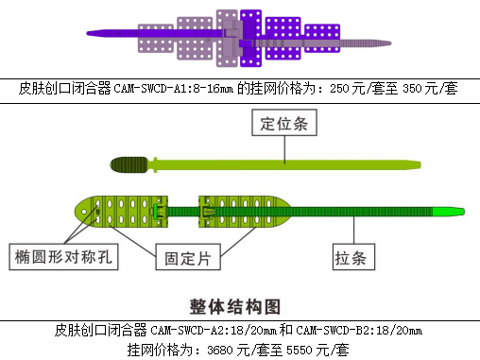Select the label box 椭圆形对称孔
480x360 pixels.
pos(64,256)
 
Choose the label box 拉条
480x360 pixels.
pos(355,256)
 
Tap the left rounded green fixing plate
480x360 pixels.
pos(118,212)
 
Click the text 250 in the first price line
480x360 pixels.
pos(339,88)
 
